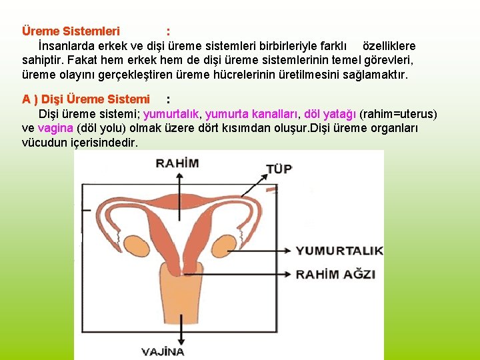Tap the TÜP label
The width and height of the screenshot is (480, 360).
(279, 169)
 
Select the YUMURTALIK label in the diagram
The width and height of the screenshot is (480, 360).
(339, 251)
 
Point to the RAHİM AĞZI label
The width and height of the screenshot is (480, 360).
(336, 274)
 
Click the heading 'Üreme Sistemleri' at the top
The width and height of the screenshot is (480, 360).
(71, 31)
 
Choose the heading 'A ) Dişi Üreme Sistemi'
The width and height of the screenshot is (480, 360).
(86, 99)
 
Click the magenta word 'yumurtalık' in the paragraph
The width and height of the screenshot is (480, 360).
(171, 113)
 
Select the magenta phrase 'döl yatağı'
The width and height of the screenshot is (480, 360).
(329, 113)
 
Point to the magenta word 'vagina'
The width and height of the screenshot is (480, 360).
(56, 128)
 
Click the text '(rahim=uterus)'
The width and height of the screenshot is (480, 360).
(398, 113)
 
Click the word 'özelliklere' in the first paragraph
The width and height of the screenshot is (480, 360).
(389, 46)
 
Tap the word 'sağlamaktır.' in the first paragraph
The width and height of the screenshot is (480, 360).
(375, 74)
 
